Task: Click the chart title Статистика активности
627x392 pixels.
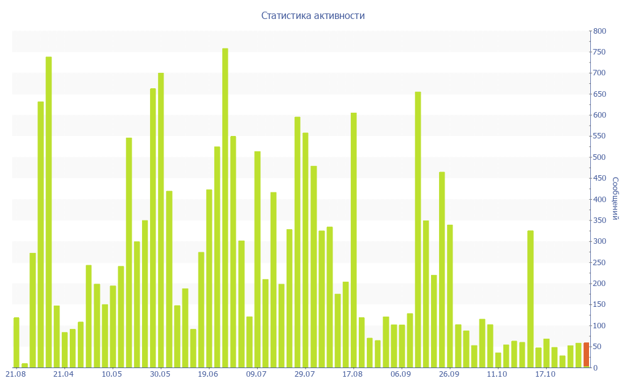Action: [x=313, y=16]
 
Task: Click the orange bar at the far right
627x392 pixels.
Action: [x=586, y=355]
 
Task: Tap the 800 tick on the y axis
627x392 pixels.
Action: [x=599, y=31]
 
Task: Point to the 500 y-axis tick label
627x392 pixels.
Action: [x=599, y=157]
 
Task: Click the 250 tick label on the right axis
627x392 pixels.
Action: [x=599, y=263]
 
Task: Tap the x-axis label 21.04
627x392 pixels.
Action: [x=63, y=374]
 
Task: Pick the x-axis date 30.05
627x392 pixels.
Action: [x=160, y=374]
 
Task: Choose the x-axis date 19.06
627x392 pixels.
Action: [x=208, y=374]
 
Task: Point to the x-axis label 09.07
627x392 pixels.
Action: [x=256, y=374]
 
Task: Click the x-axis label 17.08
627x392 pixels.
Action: [x=353, y=374]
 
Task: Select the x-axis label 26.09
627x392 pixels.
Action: [x=449, y=374]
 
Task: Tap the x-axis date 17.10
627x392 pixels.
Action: [x=545, y=374]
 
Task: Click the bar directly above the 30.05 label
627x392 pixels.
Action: [x=161, y=221]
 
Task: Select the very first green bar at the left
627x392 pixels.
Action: [x=17, y=343]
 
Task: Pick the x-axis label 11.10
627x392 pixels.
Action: [x=497, y=374]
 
